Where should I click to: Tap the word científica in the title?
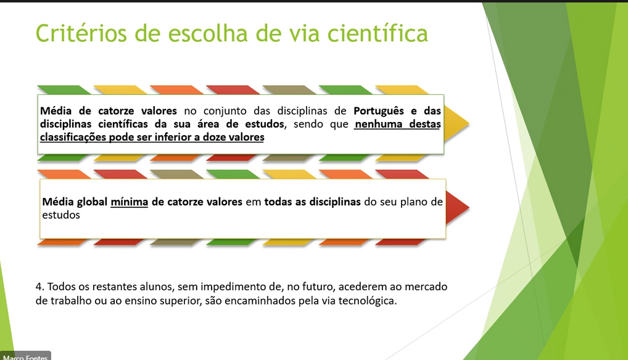click(378, 33)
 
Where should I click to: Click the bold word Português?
click(379, 111)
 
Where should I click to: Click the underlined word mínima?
click(130, 202)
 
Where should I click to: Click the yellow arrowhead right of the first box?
click(456, 124)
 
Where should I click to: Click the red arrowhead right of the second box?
click(457, 208)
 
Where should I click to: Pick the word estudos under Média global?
click(61, 215)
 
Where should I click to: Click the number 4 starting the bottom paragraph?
click(39, 287)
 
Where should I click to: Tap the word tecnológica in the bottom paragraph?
click(367, 300)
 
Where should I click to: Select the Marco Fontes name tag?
click(25, 356)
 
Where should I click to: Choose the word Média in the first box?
click(56, 111)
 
